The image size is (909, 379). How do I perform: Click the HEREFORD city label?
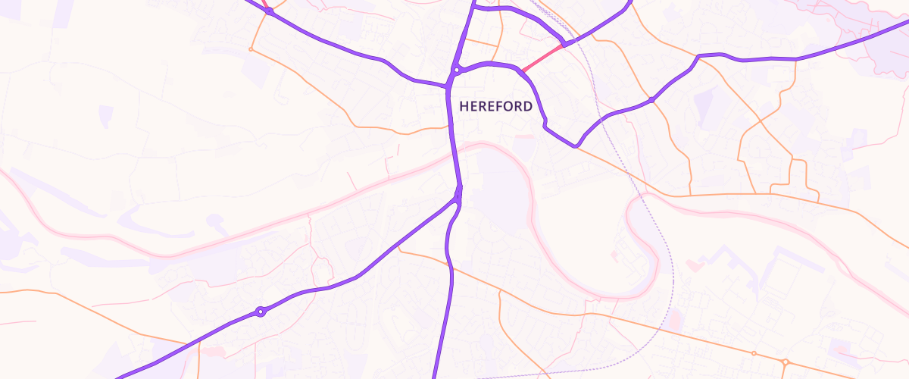click(495, 107)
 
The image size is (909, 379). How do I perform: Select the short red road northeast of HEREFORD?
click(542, 58)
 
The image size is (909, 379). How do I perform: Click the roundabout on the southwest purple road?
click(261, 312)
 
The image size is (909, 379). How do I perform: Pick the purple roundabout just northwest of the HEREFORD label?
click(456, 70)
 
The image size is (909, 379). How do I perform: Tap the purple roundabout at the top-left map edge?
click(269, 11)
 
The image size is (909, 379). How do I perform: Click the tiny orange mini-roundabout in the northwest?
click(251, 49)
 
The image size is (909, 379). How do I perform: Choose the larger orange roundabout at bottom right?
click(786, 362)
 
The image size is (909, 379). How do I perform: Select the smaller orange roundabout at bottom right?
click(754, 353)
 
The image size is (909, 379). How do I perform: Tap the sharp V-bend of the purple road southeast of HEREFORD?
click(575, 144)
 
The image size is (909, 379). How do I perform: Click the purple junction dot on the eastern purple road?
click(651, 99)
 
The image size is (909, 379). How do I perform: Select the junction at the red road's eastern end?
click(565, 44)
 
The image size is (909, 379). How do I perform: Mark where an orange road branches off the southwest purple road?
click(399, 249)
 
